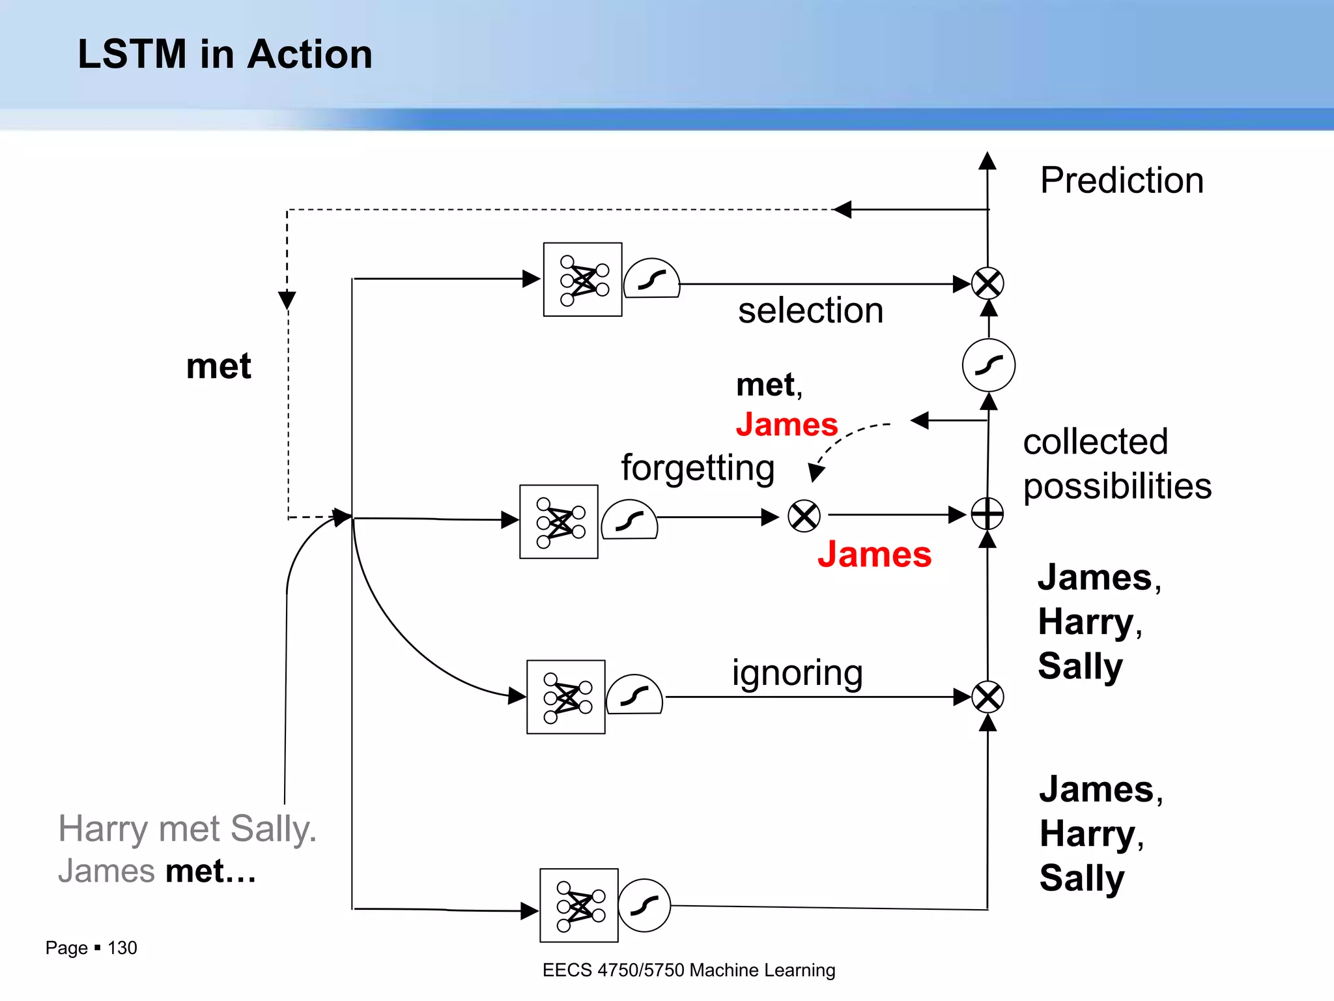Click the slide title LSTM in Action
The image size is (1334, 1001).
[225, 54]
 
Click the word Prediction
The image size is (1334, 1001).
[1122, 181]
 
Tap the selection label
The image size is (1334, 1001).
[810, 311]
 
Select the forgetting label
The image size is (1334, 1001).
[698, 468]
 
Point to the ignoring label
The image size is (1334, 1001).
[797, 673]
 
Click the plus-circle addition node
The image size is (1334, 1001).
[987, 514]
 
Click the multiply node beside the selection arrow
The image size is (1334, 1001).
[987, 283]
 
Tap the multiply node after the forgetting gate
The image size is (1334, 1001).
[804, 516]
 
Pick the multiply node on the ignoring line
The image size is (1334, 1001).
[987, 697]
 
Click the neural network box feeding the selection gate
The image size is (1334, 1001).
[582, 280]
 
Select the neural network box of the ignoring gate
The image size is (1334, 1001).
[565, 697]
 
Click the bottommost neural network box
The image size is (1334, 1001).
[578, 905]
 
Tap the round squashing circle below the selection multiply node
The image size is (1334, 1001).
[988, 365]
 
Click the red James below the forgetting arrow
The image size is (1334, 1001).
[874, 555]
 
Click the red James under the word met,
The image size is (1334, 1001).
[786, 425]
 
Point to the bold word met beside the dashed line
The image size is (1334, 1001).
[218, 366]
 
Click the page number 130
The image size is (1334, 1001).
[122, 948]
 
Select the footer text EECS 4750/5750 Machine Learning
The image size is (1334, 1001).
[688, 970]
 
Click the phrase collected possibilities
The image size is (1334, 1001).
[1116, 464]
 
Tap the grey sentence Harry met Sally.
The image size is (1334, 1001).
[187, 829]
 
